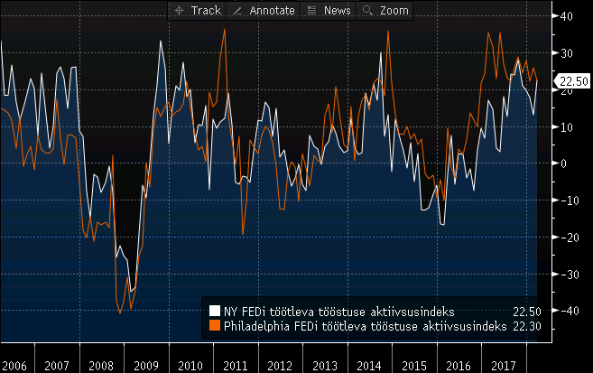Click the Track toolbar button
(197, 10)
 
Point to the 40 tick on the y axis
(568, 16)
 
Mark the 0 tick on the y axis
(563, 163)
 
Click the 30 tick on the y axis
(568, 53)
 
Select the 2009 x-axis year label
(146, 366)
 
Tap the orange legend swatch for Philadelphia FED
(215, 325)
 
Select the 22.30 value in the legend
(526, 325)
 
